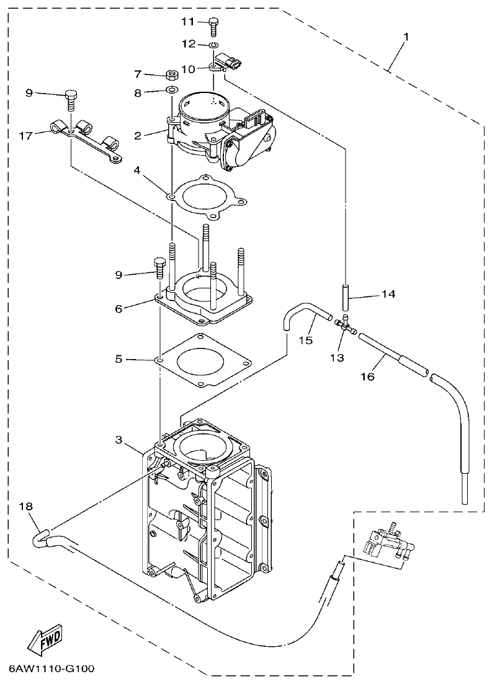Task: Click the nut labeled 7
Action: [172, 76]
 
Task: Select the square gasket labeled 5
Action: [205, 360]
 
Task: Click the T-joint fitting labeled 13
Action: [345, 324]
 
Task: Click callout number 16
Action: [367, 376]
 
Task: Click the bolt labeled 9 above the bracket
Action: [72, 97]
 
